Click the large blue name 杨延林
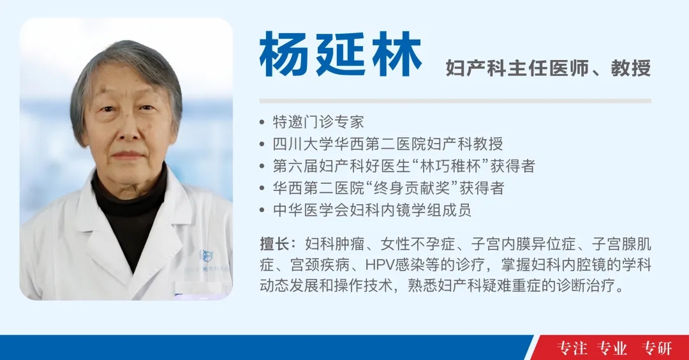click(x=341, y=54)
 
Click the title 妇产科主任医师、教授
click(x=548, y=68)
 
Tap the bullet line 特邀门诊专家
click(x=318, y=122)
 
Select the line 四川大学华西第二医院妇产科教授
click(x=388, y=144)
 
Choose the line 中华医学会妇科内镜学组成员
click(x=372, y=209)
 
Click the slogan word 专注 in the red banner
click(x=572, y=348)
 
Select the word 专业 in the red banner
click(x=612, y=348)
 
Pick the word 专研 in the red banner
click(x=656, y=348)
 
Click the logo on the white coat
click(x=205, y=255)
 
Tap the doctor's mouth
click(x=128, y=155)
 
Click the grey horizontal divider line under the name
click(x=456, y=101)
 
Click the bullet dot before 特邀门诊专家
click(x=262, y=122)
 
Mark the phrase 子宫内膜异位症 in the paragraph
click(x=524, y=244)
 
